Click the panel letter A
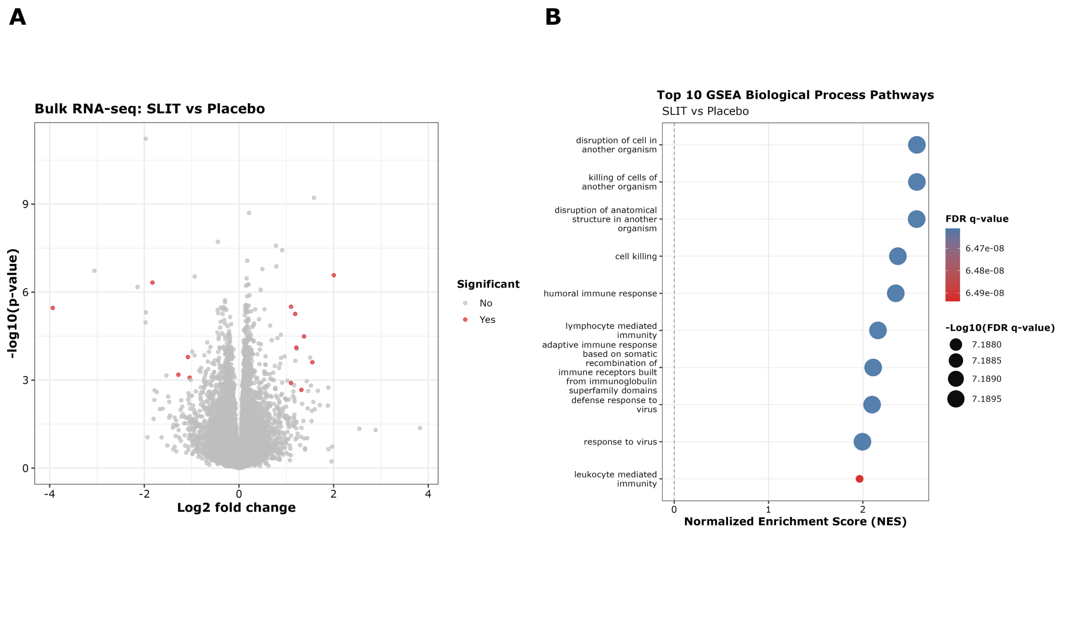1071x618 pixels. tap(18, 18)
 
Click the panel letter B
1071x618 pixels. tap(553, 18)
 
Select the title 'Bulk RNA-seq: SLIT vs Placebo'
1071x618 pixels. tap(150, 109)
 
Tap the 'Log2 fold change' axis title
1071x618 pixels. tap(236, 508)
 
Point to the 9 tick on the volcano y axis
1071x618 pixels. tap(26, 204)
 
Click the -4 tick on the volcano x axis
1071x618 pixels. tap(50, 494)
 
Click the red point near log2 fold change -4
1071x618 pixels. tap(53, 308)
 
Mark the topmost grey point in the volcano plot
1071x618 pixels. tap(146, 139)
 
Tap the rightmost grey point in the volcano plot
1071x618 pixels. tap(420, 428)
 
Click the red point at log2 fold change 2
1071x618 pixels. tap(334, 275)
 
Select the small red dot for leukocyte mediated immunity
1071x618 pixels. tap(859, 479)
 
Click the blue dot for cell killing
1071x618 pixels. tap(898, 256)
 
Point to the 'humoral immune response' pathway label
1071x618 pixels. tap(600, 293)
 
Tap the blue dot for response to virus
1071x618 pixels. tap(862, 442)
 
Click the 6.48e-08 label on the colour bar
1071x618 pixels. tap(984, 271)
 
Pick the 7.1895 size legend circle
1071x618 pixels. tap(956, 399)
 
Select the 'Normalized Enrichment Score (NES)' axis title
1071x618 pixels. tap(795, 522)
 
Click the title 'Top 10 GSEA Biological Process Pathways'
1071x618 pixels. tap(795, 95)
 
